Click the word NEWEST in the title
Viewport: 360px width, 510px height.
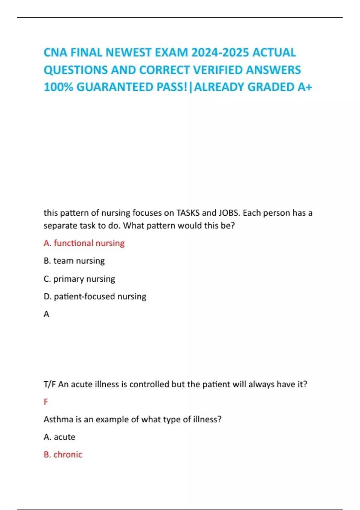tap(129, 53)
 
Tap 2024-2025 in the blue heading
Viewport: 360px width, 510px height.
tap(220, 53)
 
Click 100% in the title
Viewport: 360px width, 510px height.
tap(58, 87)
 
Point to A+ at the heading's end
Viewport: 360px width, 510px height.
tap(305, 87)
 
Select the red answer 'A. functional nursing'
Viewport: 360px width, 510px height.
tap(84, 243)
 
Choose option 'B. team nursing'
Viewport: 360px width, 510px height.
tap(74, 261)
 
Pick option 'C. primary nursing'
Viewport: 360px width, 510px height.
tap(79, 279)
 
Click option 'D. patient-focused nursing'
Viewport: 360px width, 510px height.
tap(95, 296)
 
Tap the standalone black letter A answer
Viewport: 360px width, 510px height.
tap(46, 314)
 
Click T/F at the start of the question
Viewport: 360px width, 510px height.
tap(49, 384)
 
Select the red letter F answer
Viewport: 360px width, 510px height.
tap(46, 402)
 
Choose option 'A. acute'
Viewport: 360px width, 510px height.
tap(59, 437)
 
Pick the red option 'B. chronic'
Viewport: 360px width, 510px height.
tap(63, 454)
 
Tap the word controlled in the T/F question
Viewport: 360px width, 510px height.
tap(149, 384)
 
